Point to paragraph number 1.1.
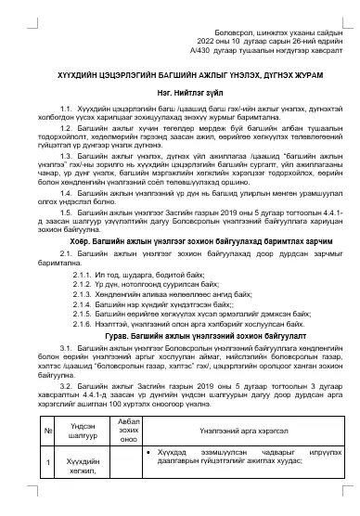pyautogui.click(x=65, y=109)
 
